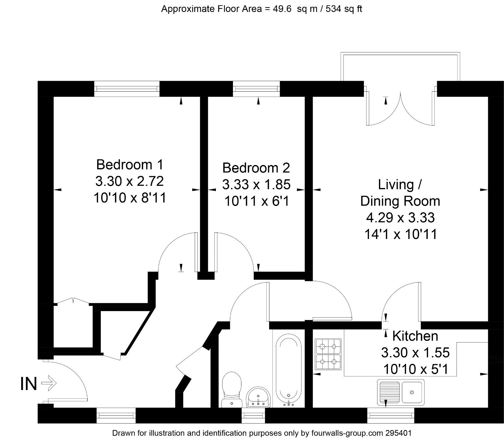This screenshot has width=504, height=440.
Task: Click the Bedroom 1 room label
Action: click(x=129, y=165)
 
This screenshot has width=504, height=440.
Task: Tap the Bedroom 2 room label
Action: click(x=256, y=168)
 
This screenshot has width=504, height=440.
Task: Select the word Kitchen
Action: click(x=415, y=336)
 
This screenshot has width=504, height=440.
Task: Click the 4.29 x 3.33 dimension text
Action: click(x=400, y=218)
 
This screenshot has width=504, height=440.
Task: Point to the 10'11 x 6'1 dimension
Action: click(x=257, y=201)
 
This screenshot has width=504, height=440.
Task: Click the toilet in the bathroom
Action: click(x=232, y=388)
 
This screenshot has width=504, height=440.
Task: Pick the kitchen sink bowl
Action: click(x=412, y=392)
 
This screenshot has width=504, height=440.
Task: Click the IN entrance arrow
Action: click(x=49, y=383)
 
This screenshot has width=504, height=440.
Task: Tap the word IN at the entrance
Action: click(x=29, y=384)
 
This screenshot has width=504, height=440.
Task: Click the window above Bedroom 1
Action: click(x=127, y=89)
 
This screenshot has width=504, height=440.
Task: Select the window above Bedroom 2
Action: click(x=256, y=89)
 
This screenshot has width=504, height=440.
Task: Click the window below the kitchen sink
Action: click(x=390, y=415)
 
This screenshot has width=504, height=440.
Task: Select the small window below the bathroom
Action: click(x=253, y=415)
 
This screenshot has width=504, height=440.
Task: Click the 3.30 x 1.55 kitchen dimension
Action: click(x=415, y=353)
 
